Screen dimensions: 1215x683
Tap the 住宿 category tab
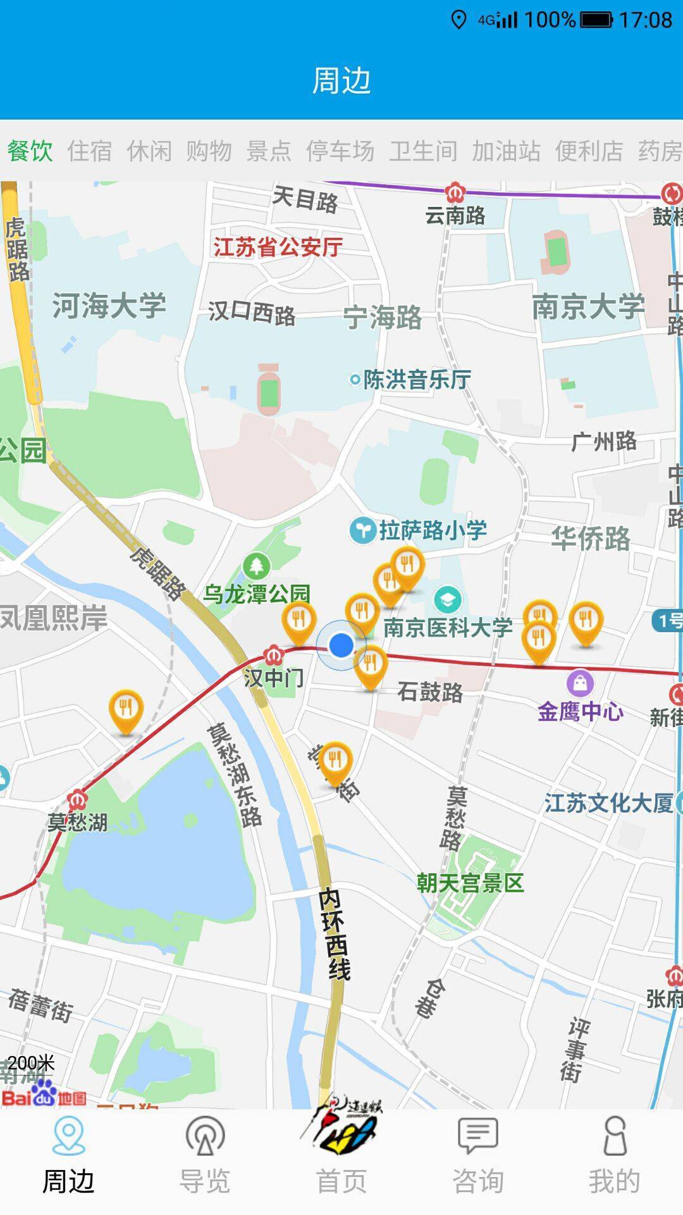(x=89, y=151)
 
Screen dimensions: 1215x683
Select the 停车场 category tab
(x=340, y=151)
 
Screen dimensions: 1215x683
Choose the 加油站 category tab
(x=506, y=151)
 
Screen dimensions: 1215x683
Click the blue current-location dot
(x=341, y=645)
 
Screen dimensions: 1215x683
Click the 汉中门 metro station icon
(x=273, y=654)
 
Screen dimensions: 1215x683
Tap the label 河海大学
(x=109, y=306)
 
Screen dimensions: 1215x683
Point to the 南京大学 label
(x=588, y=307)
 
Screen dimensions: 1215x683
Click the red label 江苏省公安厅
(x=278, y=247)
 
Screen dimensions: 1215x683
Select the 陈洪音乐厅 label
(x=416, y=380)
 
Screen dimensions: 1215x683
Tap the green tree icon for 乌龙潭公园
(x=256, y=566)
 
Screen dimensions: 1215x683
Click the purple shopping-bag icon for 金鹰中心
(x=580, y=683)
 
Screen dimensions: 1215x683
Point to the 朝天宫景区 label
(x=470, y=882)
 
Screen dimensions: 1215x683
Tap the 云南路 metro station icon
(x=454, y=191)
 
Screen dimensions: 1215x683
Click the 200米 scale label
(x=32, y=1062)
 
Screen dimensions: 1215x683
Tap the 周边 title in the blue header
(x=341, y=81)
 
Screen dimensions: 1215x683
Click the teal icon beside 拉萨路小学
(x=363, y=530)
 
